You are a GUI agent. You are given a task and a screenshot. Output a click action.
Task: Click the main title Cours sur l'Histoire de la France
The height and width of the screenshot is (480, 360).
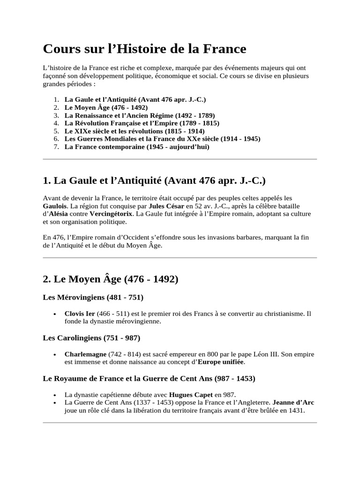click(x=145, y=49)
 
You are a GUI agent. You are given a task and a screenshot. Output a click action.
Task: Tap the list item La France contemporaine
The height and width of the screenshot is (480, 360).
click(x=137, y=147)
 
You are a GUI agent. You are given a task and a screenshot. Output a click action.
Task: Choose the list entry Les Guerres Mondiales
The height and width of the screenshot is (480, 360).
click(x=162, y=139)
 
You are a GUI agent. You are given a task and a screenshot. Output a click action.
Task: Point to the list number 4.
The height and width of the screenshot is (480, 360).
click(x=56, y=123)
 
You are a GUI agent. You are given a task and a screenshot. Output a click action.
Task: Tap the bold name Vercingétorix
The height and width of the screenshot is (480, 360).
click(x=111, y=214)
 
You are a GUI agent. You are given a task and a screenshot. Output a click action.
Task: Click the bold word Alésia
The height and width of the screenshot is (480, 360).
click(x=59, y=214)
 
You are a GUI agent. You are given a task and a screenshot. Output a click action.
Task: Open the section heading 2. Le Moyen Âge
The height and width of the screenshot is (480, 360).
click(x=111, y=279)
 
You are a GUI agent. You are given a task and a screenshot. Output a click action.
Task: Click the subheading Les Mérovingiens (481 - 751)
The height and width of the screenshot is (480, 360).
click(x=93, y=297)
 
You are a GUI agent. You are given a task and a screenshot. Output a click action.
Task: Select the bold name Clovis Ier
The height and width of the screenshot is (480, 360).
click(x=80, y=313)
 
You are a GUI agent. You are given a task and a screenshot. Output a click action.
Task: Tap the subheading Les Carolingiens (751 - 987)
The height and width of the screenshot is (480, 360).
click(x=91, y=337)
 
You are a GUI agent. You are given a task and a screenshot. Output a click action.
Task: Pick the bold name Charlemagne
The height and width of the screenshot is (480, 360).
click(x=85, y=354)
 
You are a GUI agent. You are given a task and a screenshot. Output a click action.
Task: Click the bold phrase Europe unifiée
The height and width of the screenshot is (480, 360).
click(x=221, y=362)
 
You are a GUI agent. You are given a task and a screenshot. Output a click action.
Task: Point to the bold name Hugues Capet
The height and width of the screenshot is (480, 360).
click(x=191, y=394)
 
